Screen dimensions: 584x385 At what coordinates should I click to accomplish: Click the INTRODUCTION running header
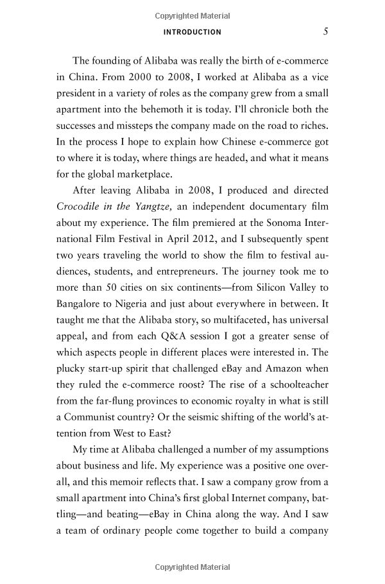pyautogui.click(x=193, y=32)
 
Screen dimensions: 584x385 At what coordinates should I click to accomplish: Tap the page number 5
pyautogui.click(x=326, y=31)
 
